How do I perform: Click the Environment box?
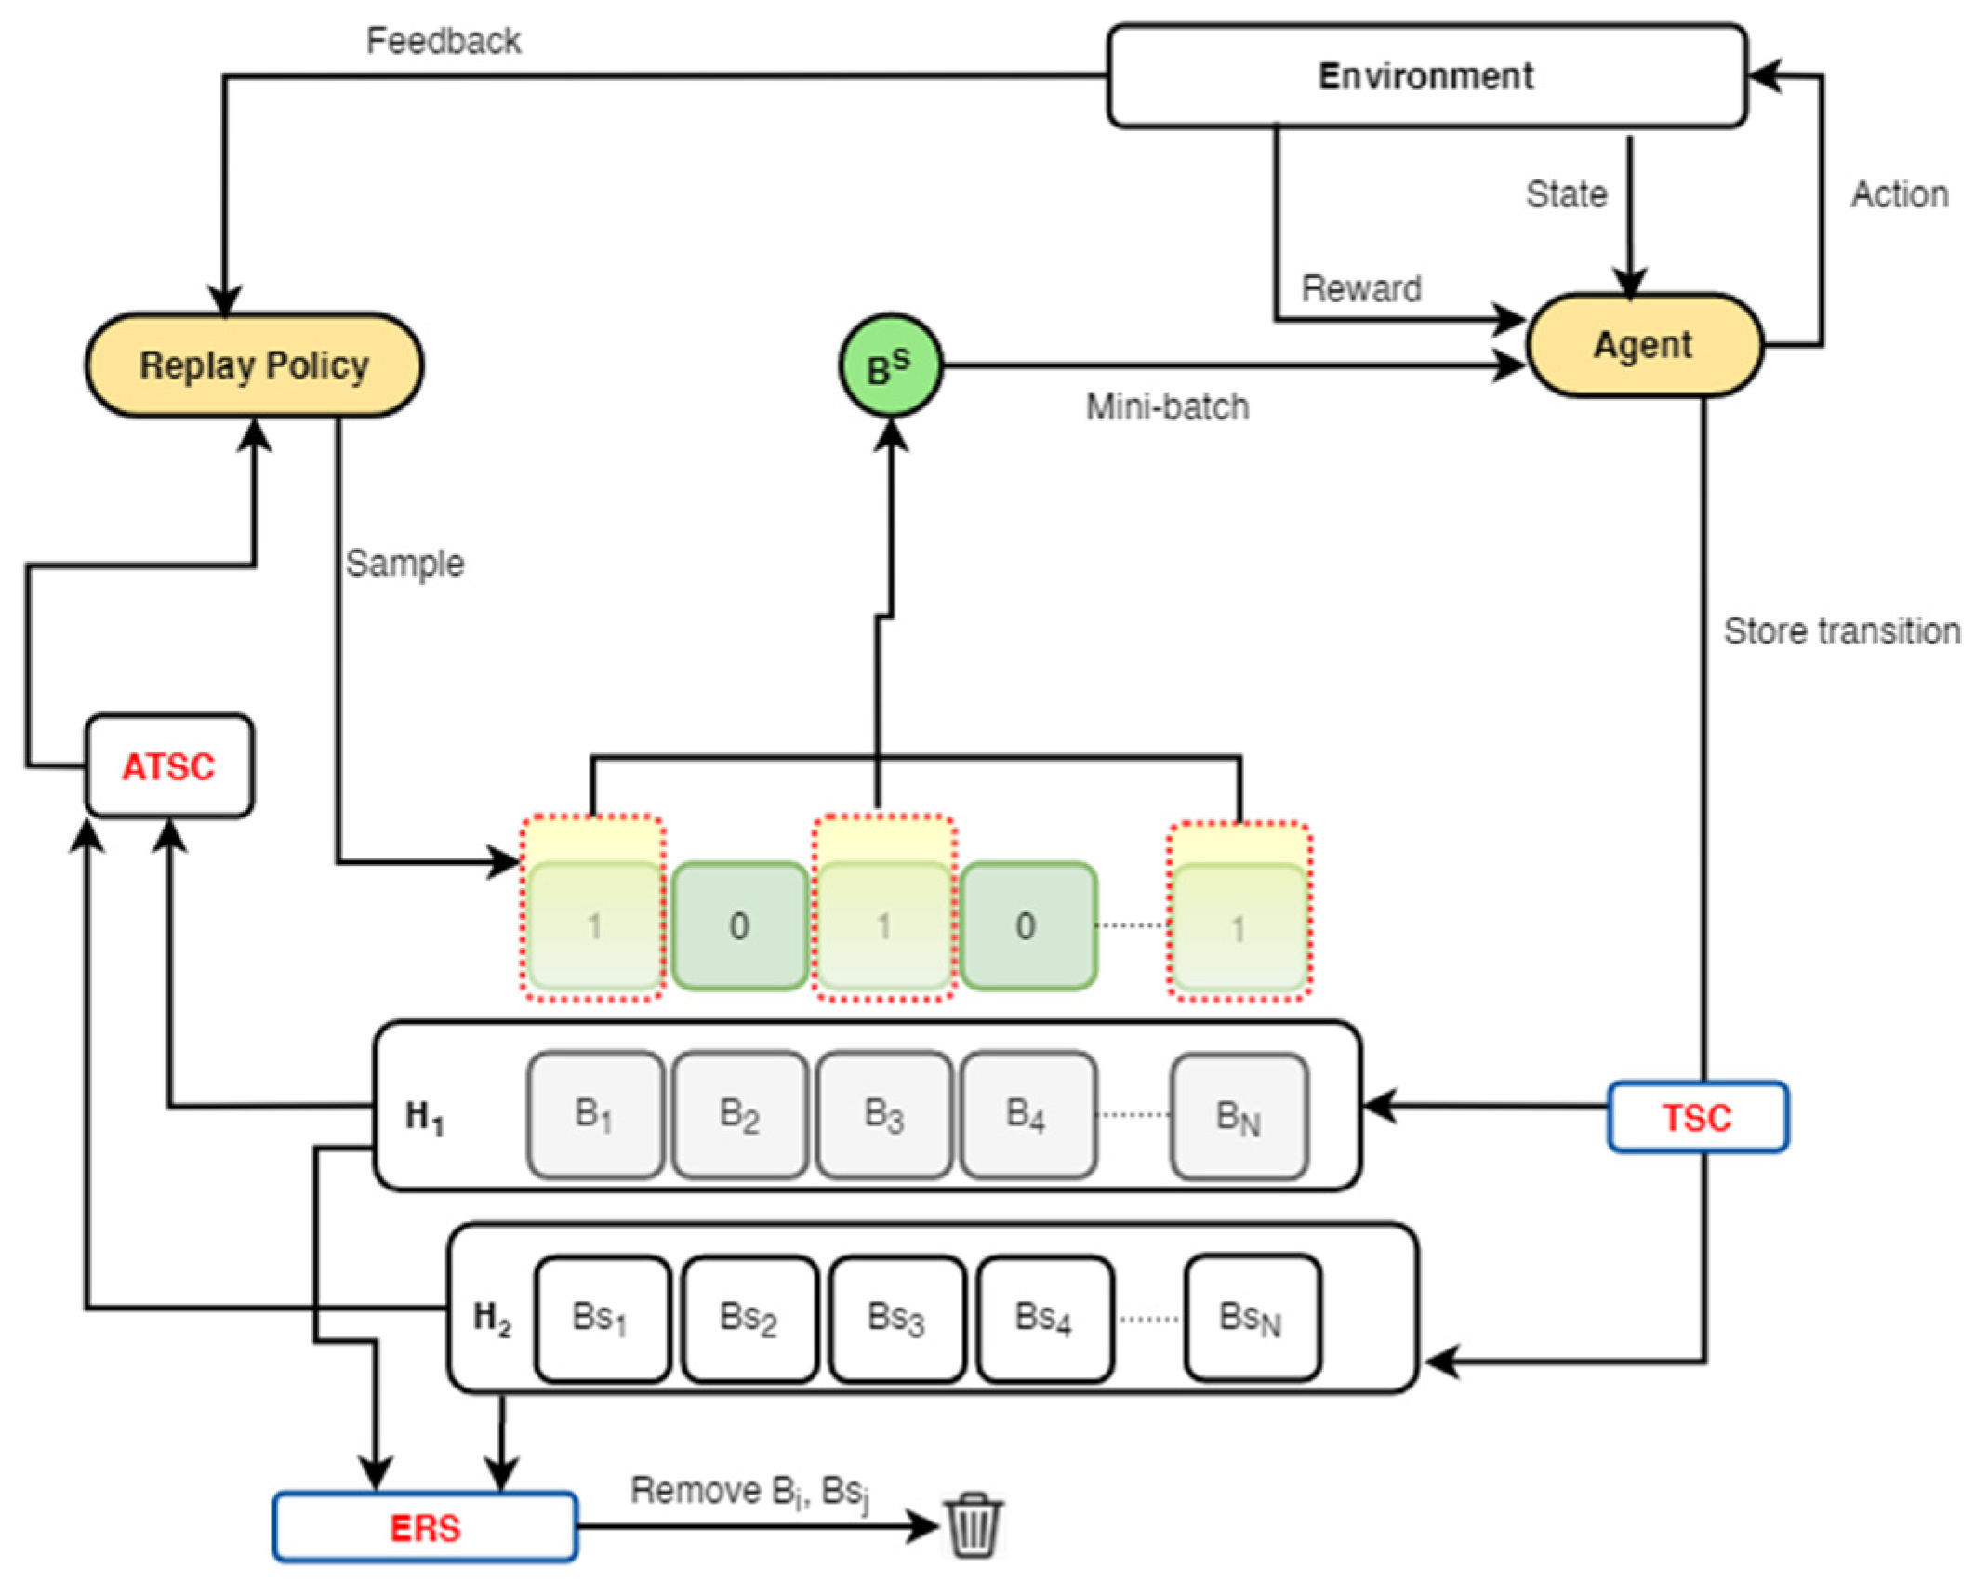[x=1426, y=76]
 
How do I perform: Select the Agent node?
[x=1643, y=346]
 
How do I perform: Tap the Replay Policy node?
[x=254, y=365]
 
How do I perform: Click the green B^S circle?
[x=890, y=366]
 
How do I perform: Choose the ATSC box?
[x=169, y=766]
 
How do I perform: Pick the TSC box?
[x=1697, y=1117]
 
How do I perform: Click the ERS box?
[x=425, y=1528]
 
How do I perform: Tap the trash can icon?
[x=974, y=1525]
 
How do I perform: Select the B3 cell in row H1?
[x=883, y=1114]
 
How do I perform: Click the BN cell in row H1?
[x=1239, y=1116]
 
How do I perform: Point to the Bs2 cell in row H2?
[x=749, y=1319]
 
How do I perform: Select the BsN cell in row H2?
[x=1251, y=1318]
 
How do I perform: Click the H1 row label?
[x=425, y=1116]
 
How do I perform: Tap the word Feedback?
[x=444, y=41]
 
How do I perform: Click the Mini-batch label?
[x=1167, y=407]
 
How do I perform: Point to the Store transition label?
[x=1841, y=631]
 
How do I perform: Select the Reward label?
[x=1360, y=289]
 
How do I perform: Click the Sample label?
[x=404, y=564]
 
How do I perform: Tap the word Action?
[x=1899, y=195]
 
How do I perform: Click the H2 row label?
[x=492, y=1318]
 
